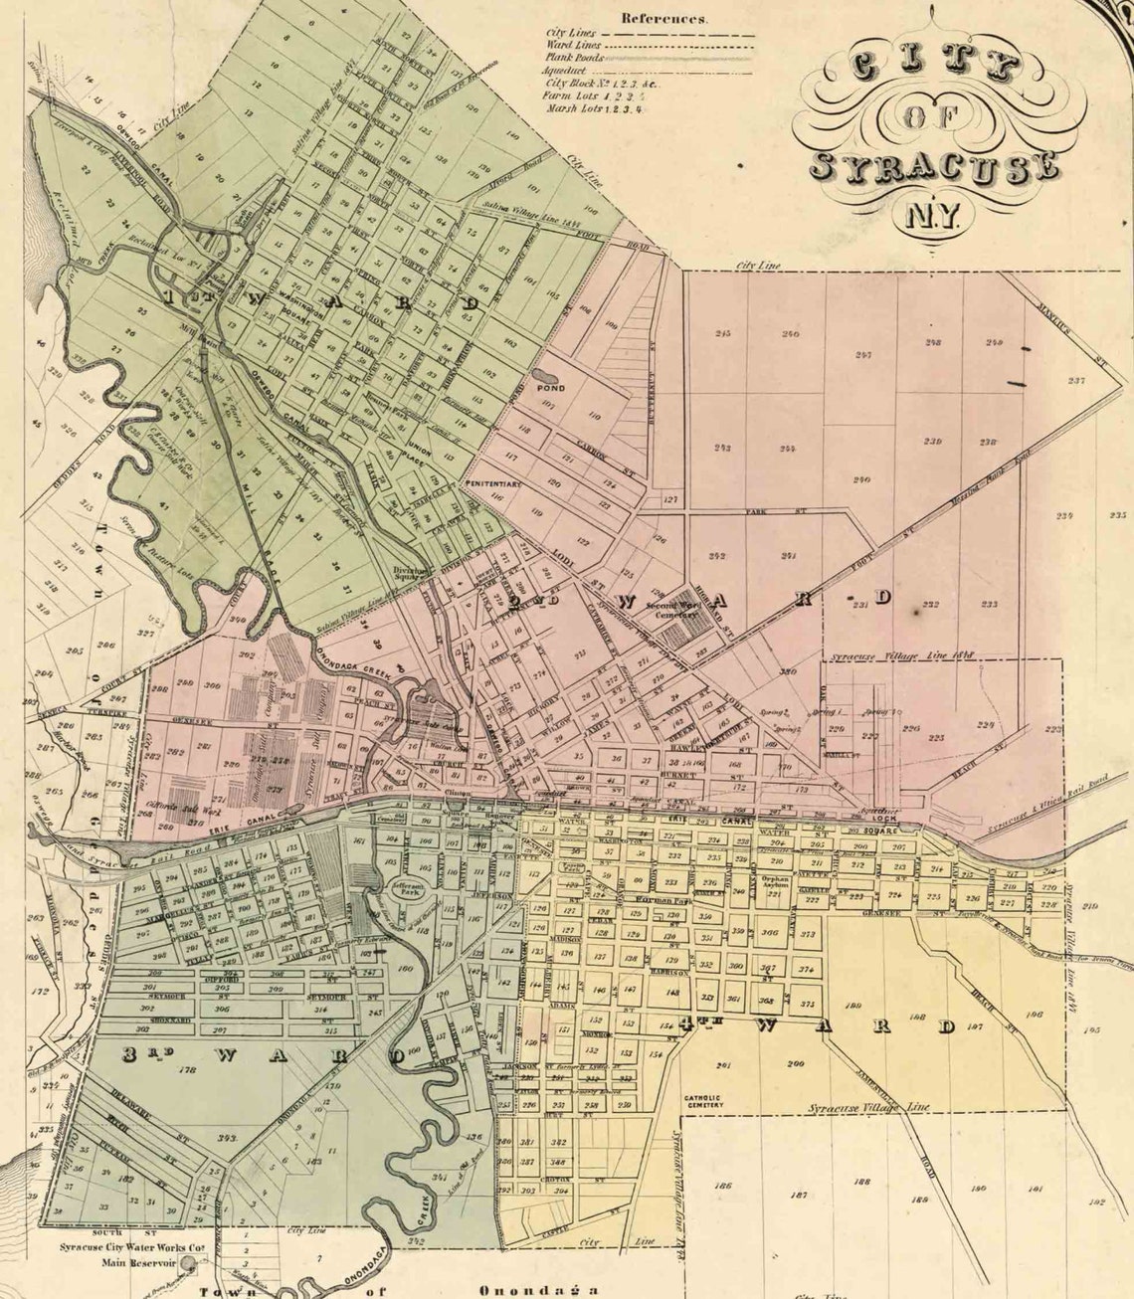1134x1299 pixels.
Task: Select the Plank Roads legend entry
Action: pos(569,58)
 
